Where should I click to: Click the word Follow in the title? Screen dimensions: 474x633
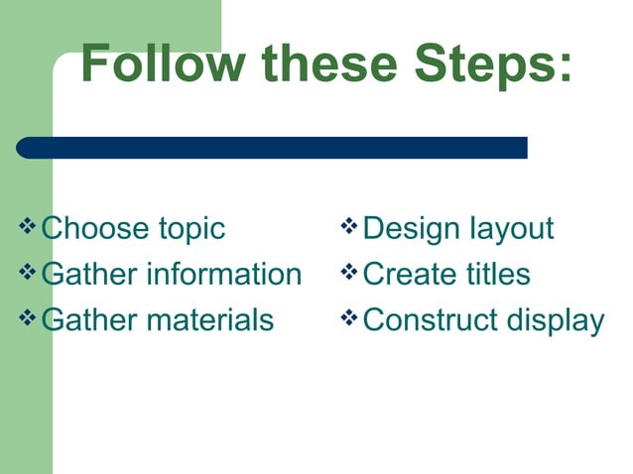pyautogui.click(x=163, y=63)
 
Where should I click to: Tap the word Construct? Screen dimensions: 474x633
pyautogui.click(x=432, y=319)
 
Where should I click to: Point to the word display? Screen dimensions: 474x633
pyautogui.click(x=556, y=321)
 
